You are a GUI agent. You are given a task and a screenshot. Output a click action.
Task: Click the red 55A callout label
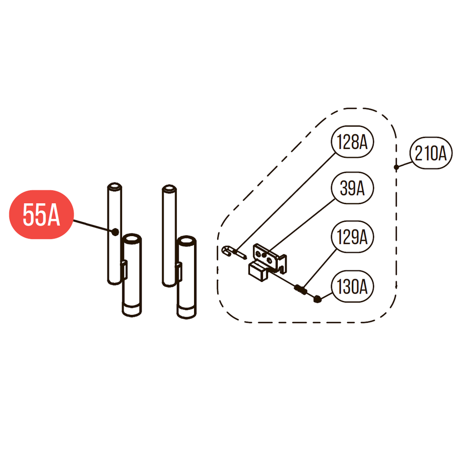(42, 215)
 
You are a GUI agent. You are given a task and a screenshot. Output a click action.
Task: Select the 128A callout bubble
(352, 142)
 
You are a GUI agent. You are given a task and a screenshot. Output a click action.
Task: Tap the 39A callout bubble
(352, 188)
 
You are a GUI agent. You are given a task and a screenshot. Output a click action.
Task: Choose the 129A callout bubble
(352, 238)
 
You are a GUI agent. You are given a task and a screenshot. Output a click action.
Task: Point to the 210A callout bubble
(431, 154)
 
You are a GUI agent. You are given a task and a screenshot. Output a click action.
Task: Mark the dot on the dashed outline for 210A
(396, 167)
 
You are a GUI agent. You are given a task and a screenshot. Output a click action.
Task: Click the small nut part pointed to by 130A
(318, 300)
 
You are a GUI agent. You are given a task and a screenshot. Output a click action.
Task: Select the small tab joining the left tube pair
(124, 269)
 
